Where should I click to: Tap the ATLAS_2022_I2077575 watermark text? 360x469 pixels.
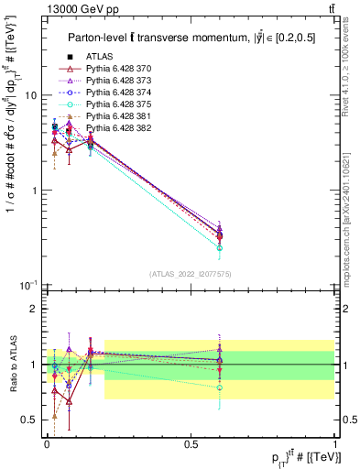pyautogui.click(x=191, y=274)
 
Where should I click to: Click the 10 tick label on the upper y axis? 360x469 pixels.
pyautogui.click(x=30, y=96)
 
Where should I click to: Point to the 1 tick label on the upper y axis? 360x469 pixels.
pyautogui.click(x=34, y=191)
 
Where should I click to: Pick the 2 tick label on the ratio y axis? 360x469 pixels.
pyautogui.click(x=34, y=309)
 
